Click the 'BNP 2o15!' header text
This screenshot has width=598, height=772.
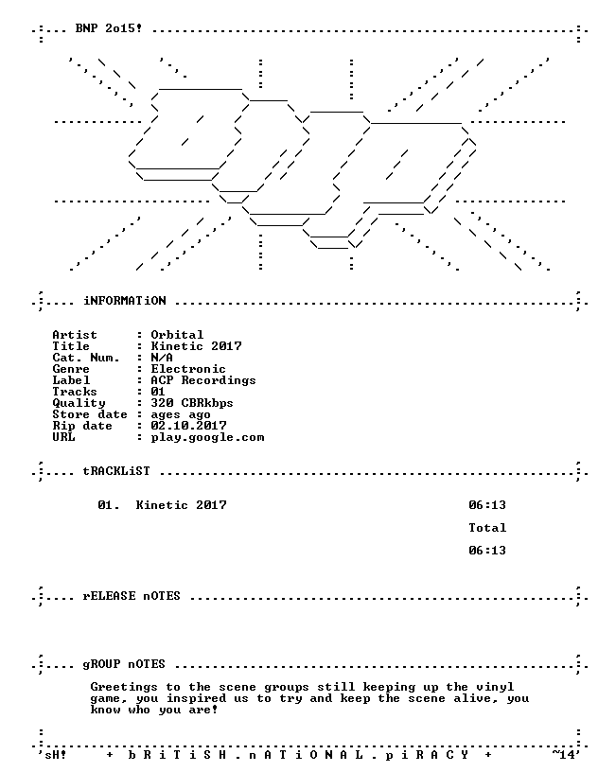point(109,28)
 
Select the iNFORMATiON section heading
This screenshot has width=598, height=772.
point(125,300)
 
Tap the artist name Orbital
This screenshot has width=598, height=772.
point(177,335)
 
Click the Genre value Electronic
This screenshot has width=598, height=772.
point(188,369)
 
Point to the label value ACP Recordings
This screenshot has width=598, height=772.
point(203,380)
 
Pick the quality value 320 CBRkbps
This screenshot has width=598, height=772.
point(192,403)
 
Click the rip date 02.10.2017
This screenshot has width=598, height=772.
point(188,426)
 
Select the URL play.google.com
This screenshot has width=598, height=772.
point(207,438)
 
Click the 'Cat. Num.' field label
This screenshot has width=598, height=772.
point(86,358)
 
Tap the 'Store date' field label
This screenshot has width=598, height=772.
point(90,414)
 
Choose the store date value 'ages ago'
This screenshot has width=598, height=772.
point(181,415)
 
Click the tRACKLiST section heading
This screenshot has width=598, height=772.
point(116,471)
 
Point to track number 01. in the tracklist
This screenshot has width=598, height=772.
point(109,505)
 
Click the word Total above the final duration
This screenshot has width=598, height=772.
point(487,528)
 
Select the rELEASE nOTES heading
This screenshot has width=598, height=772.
point(132,596)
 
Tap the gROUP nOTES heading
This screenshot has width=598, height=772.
point(124,664)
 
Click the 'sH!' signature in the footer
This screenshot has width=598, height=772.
point(56,755)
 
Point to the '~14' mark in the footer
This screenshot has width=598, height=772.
point(563,754)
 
